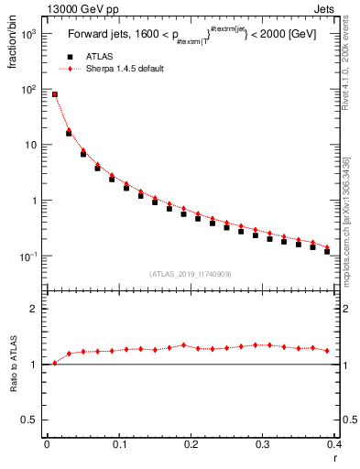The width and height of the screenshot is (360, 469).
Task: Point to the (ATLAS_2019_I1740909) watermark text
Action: coord(190,274)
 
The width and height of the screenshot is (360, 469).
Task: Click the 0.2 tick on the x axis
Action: coord(190,445)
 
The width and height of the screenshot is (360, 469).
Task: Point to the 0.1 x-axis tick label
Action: coord(118,445)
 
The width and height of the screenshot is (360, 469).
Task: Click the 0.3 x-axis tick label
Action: coord(262,445)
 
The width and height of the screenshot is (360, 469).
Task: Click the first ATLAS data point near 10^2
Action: coord(54,94)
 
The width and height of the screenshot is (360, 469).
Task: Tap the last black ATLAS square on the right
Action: coord(327,251)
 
